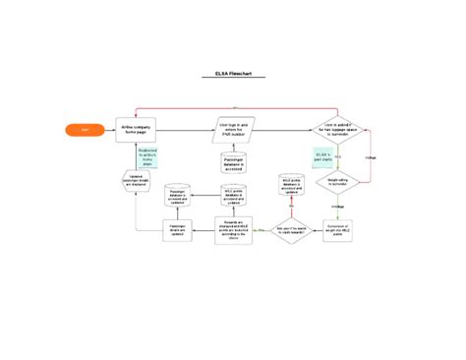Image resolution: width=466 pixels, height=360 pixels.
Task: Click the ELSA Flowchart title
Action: [232, 75]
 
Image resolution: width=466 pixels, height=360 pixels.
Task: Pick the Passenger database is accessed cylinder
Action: [234, 161]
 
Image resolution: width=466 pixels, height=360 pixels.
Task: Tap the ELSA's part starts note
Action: [321, 157]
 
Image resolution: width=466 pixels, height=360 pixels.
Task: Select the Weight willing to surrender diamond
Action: [338, 182]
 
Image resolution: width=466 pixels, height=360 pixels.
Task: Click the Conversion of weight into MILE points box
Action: [338, 228]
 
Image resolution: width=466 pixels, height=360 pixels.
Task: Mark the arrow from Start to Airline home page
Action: [108, 130]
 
